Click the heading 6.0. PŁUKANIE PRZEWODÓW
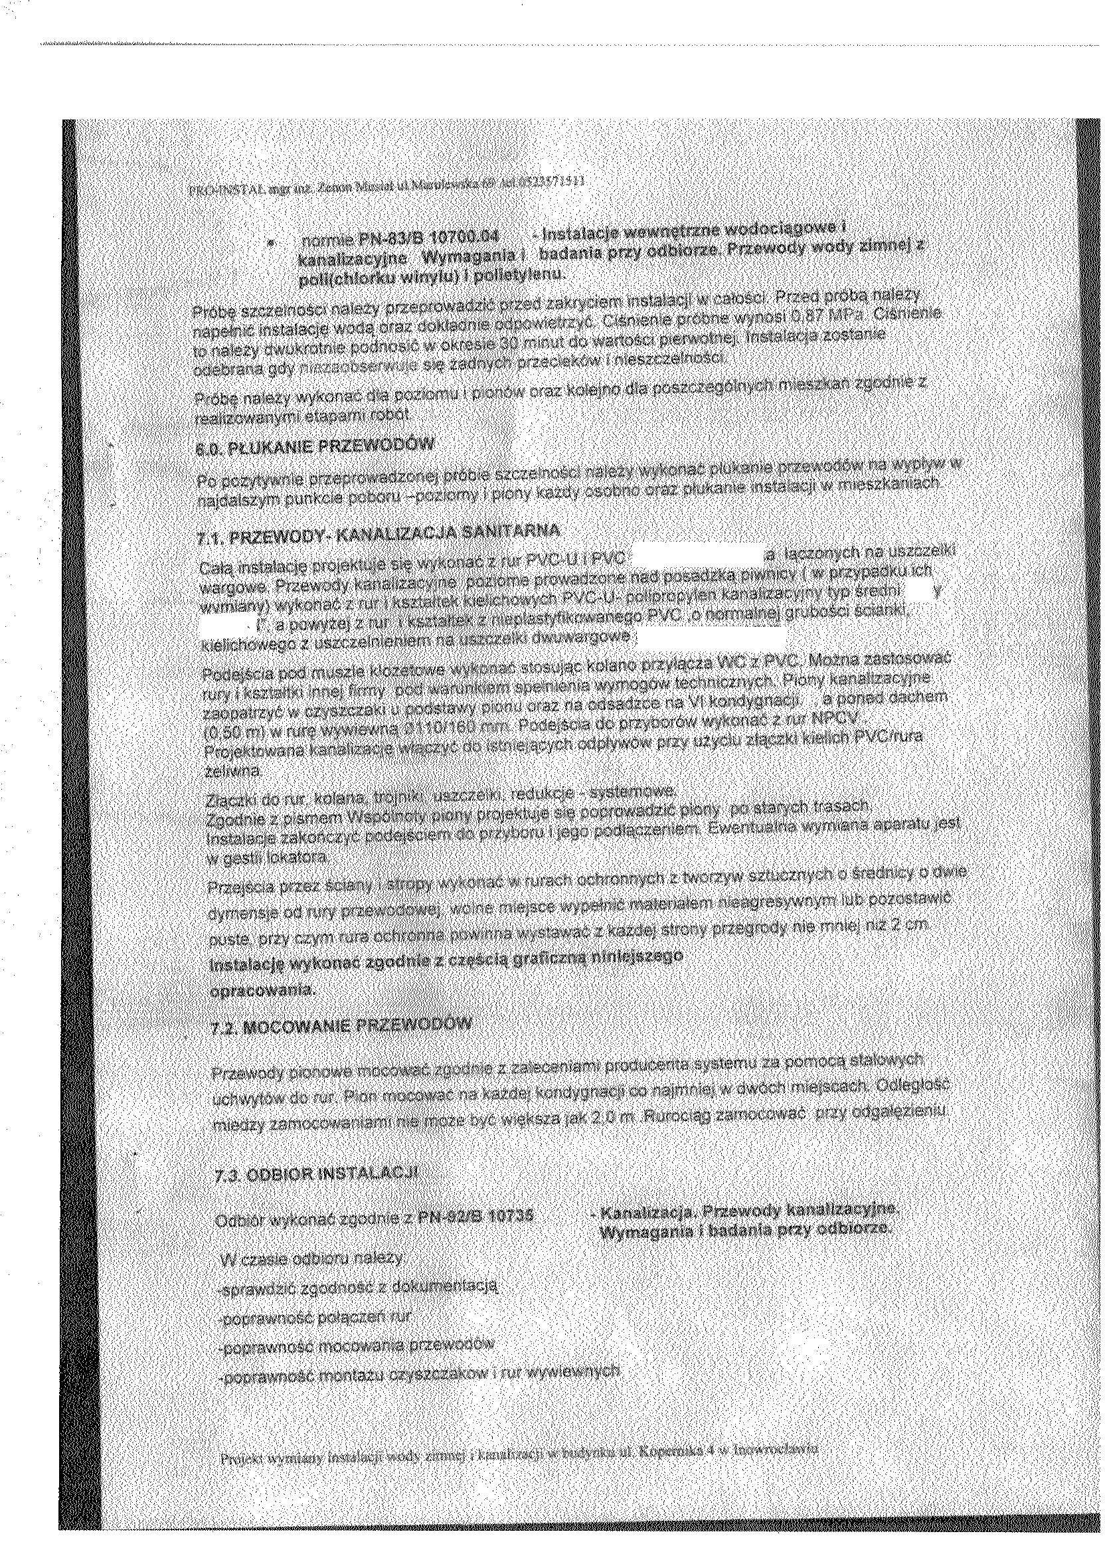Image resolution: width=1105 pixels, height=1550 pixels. pyautogui.click(x=313, y=448)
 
